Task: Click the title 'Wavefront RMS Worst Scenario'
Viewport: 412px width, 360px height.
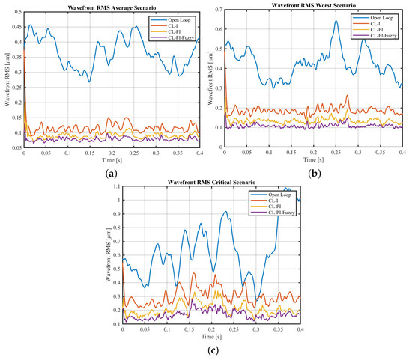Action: [313, 4]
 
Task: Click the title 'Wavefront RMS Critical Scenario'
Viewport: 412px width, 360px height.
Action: [211, 183]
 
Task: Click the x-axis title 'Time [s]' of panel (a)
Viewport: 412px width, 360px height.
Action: [112, 162]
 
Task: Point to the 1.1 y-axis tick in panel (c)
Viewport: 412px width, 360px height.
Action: [115, 189]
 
